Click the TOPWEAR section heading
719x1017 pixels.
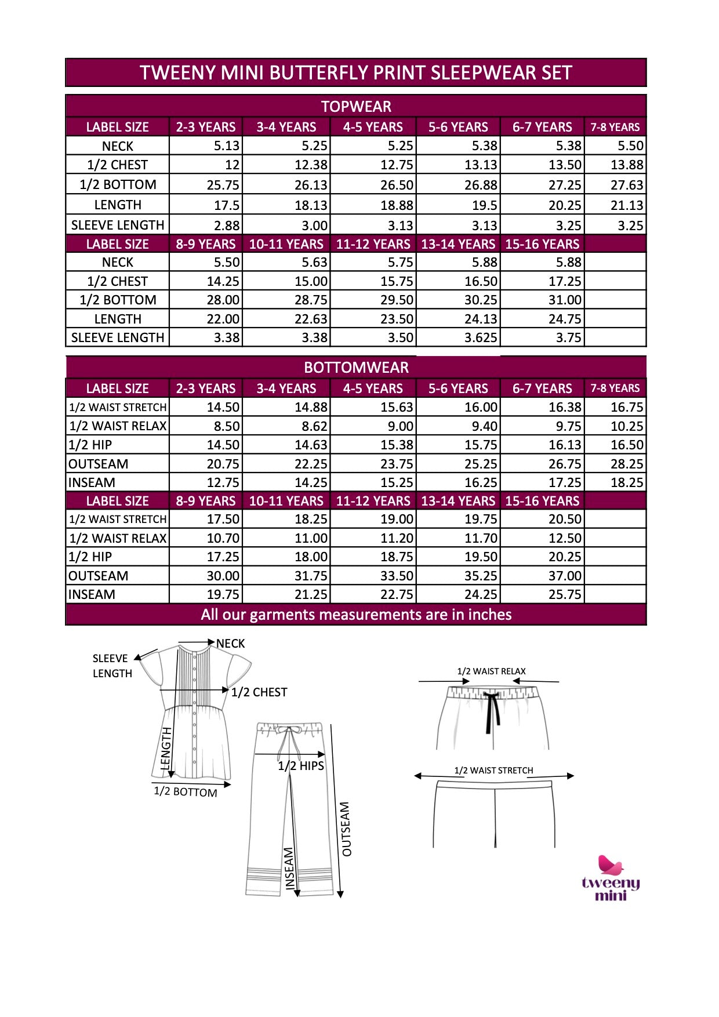tap(356, 107)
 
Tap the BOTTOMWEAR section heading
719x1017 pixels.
tap(356, 368)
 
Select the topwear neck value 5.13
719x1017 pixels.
tap(227, 146)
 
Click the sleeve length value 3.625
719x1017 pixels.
tap(481, 337)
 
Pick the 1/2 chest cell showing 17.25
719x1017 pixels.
tap(565, 281)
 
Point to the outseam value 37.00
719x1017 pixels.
tap(565, 576)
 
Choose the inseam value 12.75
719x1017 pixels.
tap(223, 482)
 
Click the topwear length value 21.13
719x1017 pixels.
tap(627, 205)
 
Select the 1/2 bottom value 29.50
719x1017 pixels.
tap(397, 300)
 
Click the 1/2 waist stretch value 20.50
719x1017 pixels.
tap(565, 519)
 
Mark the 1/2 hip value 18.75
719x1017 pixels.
tap(397, 557)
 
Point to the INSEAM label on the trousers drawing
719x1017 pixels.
tap(289, 869)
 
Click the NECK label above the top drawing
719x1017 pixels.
tap(230, 644)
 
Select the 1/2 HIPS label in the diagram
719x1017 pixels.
tap(301, 766)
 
